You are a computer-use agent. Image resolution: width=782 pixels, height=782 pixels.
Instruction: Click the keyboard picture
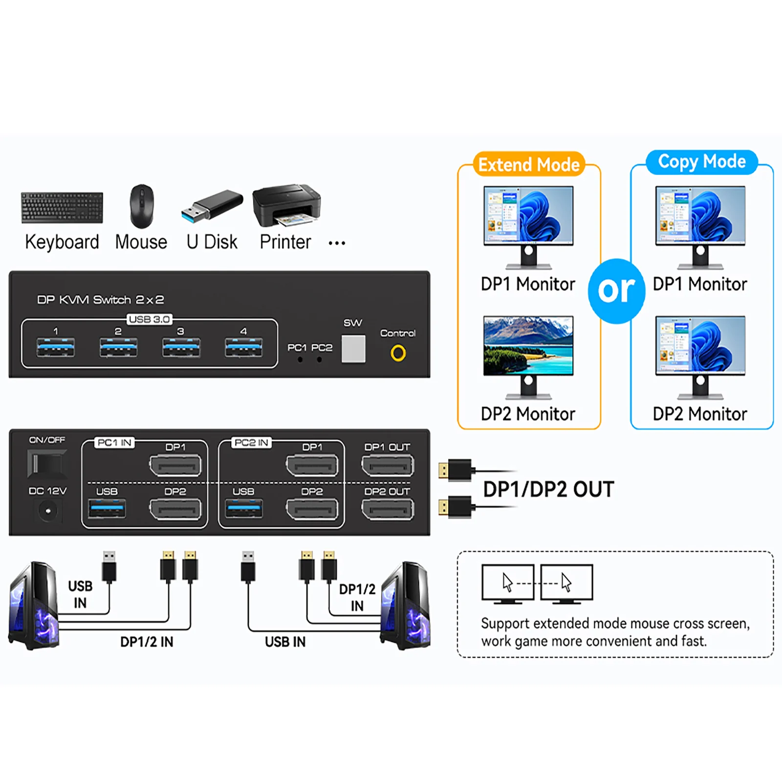(62, 208)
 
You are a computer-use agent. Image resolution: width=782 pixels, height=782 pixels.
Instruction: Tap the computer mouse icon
(142, 206)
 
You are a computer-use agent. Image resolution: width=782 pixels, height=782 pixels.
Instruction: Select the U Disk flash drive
(212, 205)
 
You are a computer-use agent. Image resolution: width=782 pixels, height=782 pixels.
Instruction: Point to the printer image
(287, 205)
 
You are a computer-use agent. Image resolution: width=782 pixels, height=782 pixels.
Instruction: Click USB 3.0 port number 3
(181, 348)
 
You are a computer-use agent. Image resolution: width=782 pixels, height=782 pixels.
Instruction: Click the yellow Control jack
(398, 353)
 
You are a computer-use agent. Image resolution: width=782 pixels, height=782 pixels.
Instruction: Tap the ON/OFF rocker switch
(47, 463)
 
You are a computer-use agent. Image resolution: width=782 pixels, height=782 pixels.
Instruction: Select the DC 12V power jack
(48, 511)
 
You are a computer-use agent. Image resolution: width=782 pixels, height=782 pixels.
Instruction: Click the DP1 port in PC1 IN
(175, 465)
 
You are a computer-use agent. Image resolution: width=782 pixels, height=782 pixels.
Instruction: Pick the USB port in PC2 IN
(244, 509)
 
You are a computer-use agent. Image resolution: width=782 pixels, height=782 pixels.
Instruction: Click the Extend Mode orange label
(529, 165)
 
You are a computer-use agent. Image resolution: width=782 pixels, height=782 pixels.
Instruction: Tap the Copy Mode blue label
(702, 162)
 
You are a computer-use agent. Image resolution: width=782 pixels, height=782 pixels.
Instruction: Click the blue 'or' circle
(616, 291)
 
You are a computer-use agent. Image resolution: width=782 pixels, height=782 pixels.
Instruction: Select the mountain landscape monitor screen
(528, 346)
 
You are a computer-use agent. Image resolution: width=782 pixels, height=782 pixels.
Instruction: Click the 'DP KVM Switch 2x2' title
(100, 300)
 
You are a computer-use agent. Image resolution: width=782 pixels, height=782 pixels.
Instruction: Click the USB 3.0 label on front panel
(150, 319)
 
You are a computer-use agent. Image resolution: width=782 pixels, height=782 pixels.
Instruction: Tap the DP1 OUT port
(387, 465)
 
